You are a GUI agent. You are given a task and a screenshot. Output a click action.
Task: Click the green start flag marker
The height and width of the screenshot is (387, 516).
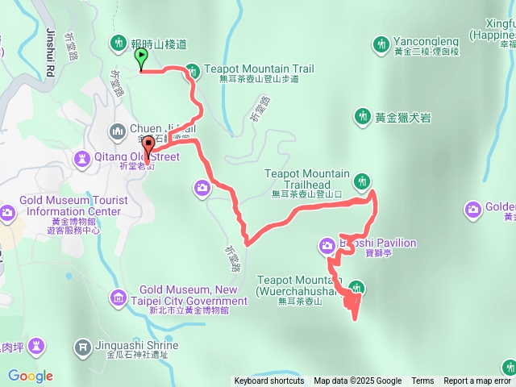pos(142,57)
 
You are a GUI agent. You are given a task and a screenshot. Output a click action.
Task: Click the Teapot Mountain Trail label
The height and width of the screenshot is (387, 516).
pos(259,69)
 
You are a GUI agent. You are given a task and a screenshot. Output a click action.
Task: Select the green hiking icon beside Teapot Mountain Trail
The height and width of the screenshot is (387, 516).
pos(192,70)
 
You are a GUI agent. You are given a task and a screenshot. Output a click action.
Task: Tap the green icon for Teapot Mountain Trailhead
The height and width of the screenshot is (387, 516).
pos(361,179)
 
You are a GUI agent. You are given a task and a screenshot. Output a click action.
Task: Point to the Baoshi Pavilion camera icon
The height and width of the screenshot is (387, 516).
pos(327,243)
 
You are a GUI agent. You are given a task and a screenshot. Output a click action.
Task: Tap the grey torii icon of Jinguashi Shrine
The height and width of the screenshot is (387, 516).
pos(83,347)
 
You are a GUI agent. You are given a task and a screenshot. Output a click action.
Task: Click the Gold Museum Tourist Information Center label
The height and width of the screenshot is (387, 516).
pos(71,206)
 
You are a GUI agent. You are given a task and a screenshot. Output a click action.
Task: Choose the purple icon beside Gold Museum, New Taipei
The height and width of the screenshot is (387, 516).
pos(119,295)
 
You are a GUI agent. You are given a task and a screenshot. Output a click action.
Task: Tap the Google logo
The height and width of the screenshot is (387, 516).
pos(31,376)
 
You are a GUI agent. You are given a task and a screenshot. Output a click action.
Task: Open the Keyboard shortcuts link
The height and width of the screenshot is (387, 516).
pos(269,381)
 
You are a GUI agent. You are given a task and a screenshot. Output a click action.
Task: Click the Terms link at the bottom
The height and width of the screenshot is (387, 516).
pos(422,381)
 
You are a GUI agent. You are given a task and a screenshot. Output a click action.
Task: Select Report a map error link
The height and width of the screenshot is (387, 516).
pos(477,381)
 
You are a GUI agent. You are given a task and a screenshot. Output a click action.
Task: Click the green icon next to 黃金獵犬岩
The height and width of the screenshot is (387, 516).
pos(360,117)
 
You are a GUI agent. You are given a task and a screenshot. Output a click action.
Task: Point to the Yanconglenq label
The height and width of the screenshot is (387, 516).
pos(427,42)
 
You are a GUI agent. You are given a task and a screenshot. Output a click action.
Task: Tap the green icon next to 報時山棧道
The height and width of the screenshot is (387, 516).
pos(119,42)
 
